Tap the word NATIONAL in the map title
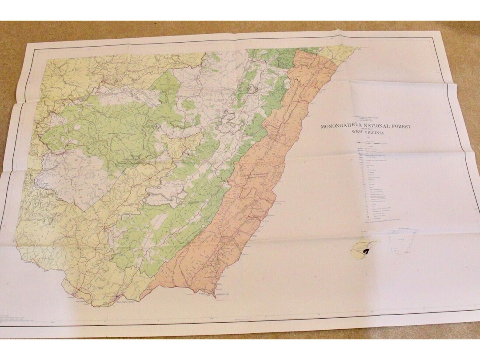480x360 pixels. coord(377,127)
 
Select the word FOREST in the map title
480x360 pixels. coord(401,127)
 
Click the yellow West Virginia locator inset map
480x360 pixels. coord(364,248)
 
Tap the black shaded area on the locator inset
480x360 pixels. coord(366,252)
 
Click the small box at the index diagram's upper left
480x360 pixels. coord(393,232)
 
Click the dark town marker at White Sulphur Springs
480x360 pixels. coord(116,296)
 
